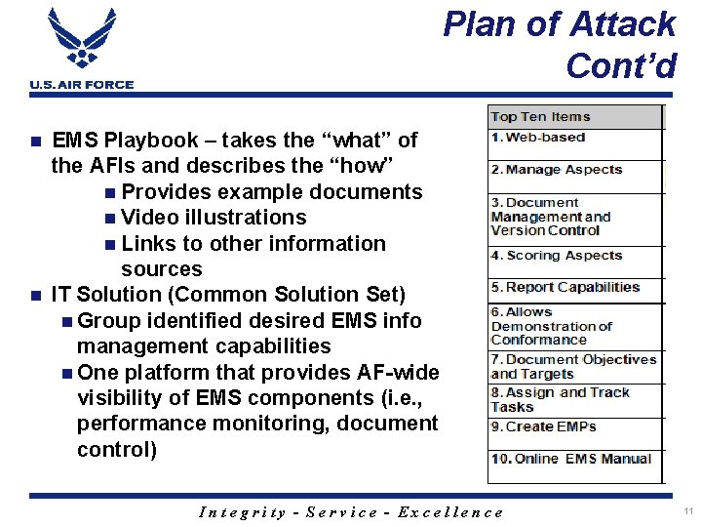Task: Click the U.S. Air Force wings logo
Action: coord(82,41)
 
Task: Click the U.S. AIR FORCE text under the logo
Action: coord(82,85)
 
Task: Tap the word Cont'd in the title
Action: coord(620,65)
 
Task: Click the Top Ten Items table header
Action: coord(540,117)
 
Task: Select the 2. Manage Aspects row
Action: coord(556,170)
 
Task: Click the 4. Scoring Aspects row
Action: coord(556,256)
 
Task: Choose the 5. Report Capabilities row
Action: coord(565,288)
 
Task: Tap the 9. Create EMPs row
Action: coord(543,426)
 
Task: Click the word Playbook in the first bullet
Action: coord(150,141)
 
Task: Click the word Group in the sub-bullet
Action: coord(108,320)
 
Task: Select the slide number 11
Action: coord(688,511)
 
